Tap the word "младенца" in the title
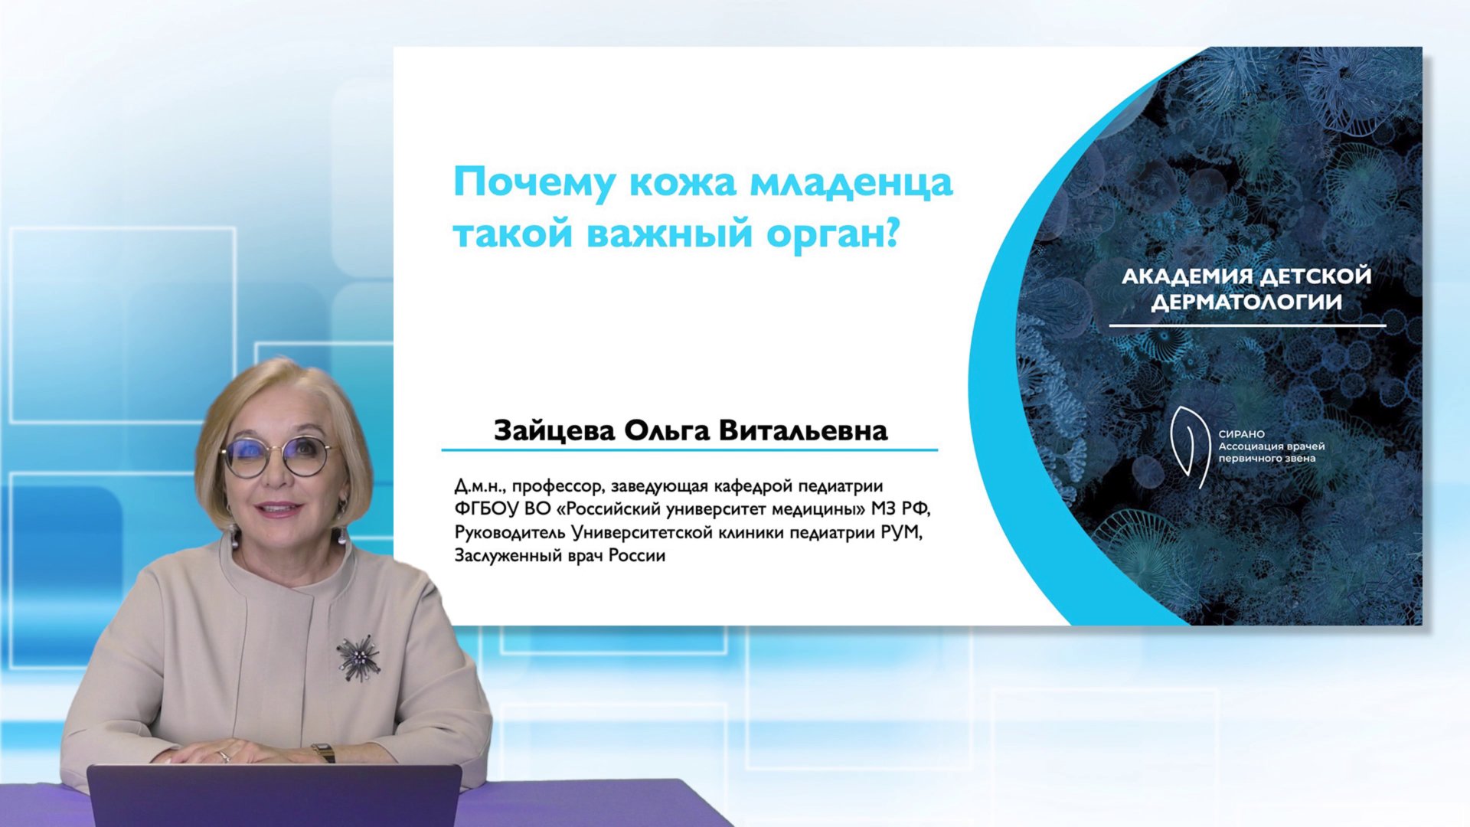click(851, 183)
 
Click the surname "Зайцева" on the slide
click(554, 430)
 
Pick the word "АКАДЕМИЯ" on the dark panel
click(1187, 276)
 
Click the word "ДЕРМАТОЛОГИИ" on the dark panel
click(1246, 302)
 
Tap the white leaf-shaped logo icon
click(1189, 446)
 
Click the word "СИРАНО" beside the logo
click(1241, 434)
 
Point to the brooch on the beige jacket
click(358, 657)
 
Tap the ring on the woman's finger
click(224, 756)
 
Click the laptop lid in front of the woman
click(274, 796)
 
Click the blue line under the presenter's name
click(689, 450)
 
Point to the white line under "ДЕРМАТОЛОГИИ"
click(1246, 325)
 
